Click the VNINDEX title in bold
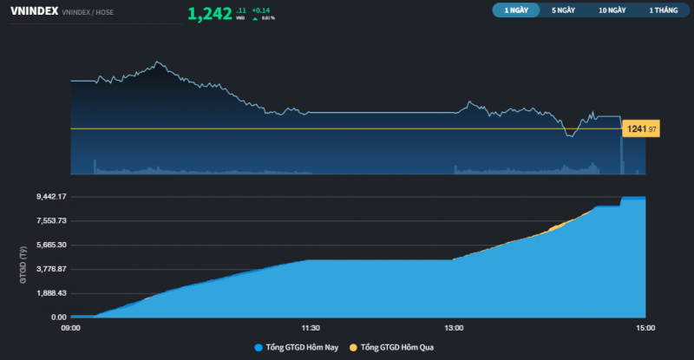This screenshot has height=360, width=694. pyautogui.click(x=34, y=12)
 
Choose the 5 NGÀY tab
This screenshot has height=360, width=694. pyautogui.click(x=563, y=11)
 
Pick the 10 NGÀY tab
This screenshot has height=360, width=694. pyautogui.click(x=612, y=11)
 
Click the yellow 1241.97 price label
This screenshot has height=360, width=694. pyautogui.click(x=641, y=128)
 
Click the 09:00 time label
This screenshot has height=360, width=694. pyautogui.click(x=70, y=328)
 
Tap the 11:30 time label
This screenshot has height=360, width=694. pyautogui.click(x=310, y=328)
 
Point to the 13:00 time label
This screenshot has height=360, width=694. pyautogui.click(x=454, y=328)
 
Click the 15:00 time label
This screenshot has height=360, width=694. pyautogui.click(x=645, y=328)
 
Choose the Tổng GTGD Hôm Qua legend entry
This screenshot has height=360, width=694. pyautogui.click(x=393, y=348)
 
